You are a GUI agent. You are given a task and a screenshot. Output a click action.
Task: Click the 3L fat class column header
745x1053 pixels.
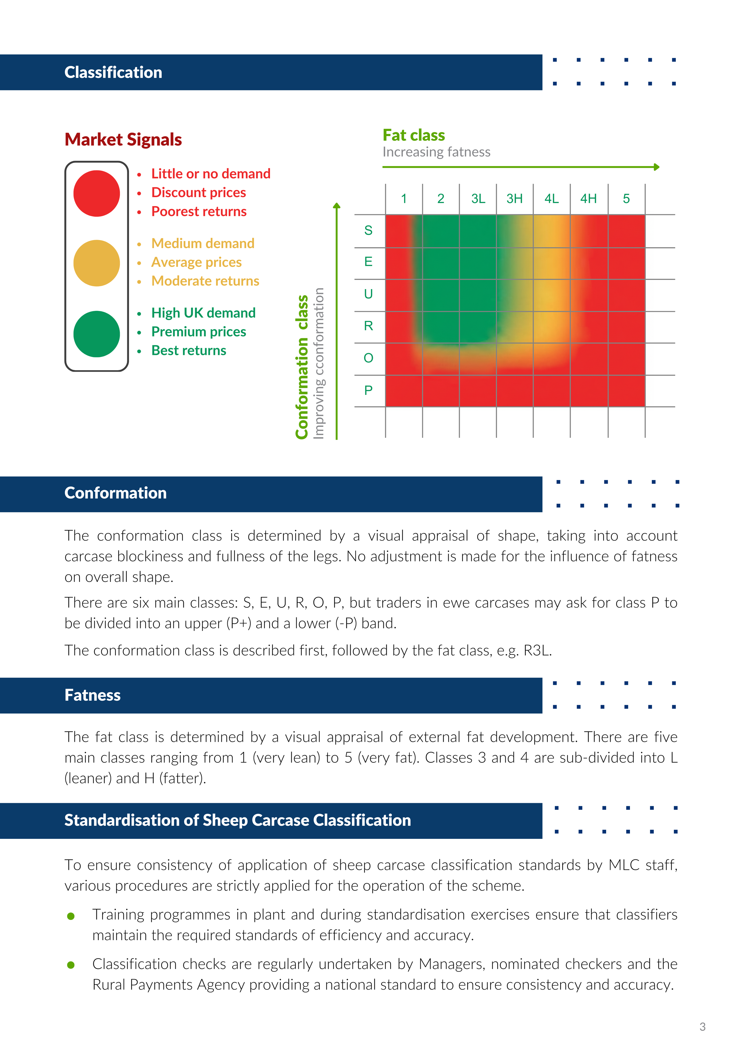[478, 199]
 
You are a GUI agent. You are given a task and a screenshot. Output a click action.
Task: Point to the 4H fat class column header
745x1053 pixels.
[589, 199]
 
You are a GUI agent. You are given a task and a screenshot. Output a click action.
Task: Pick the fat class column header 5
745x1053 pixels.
[626, 199]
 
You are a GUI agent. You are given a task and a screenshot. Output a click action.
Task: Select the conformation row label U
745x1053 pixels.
[368, 294]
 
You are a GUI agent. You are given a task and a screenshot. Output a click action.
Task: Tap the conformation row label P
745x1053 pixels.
[368, 390]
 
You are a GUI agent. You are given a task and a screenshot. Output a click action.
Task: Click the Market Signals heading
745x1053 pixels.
[123, 139]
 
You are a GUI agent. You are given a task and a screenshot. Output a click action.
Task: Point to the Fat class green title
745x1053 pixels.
[414, 135]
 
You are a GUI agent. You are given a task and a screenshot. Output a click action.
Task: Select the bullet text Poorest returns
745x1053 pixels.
[199, 211]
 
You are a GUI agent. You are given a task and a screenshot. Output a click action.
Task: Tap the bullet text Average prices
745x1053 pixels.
[196, 262]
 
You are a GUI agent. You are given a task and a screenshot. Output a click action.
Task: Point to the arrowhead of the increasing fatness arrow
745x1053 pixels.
[657, 167]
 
